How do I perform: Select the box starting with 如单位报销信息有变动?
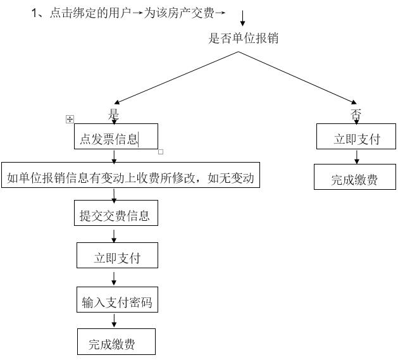tap(130, 178)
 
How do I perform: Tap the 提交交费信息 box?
tap(115, 216)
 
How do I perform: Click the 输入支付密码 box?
tap(117, 302)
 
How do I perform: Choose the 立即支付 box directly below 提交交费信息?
tap(117, 258)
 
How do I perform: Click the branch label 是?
tap(114, 115)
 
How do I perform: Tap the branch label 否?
tap(356, 115)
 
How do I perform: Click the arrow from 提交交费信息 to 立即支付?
tap(114, 235)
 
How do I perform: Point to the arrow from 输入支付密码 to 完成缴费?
tap(114, 321)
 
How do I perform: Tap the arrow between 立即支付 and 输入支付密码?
tap(114, 278)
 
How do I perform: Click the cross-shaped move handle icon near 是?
tap(70, 119)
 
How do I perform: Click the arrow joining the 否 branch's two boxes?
tap(356, 157)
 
